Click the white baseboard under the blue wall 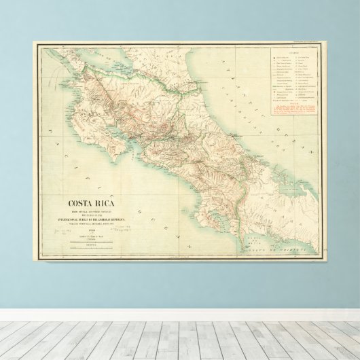point(180,315)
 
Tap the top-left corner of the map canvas point(33,41)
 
